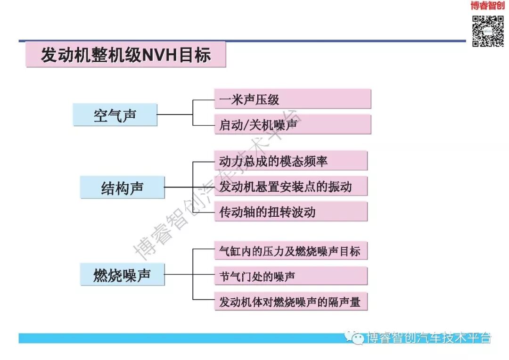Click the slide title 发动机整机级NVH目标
(126, 55)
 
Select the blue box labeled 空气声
(115, 115)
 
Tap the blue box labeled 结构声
(122, 188)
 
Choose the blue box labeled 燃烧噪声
(122, 274)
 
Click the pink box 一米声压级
(292, 99)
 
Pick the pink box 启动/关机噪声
(292, 124)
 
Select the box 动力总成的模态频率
(290, 161)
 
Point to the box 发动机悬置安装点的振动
(290, 187)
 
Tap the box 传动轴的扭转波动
(290, 212)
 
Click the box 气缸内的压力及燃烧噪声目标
(290, 251)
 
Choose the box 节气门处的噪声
(290, 276)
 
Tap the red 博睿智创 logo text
(487, 6)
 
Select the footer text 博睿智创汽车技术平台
(429, 337)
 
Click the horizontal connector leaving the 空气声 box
(175, 114)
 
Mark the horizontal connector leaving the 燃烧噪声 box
(179, 274)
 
